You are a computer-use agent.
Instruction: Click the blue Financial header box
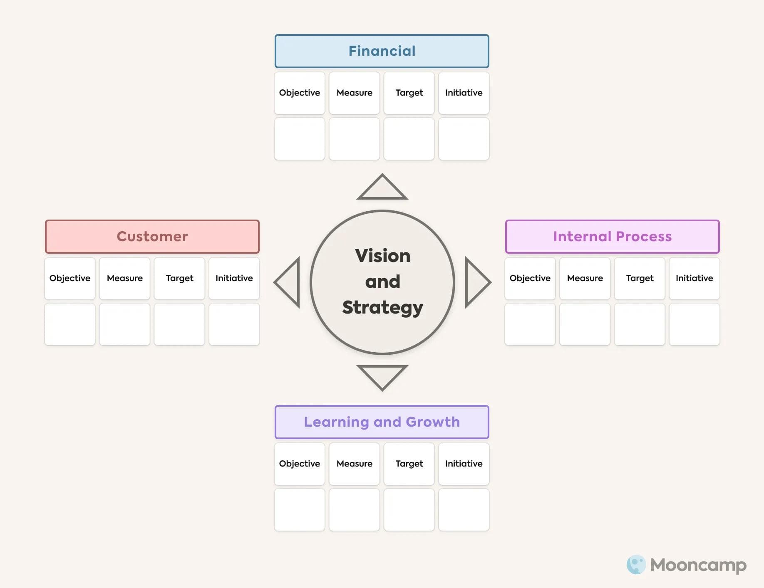click(x=382, y=51)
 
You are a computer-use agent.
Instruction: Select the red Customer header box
click(x=152, y=237)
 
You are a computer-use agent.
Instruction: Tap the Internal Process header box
click(x=612, y=237)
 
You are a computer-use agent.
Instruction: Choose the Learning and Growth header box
click(x=382, y=422)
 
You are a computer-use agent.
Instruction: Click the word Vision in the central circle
click(x=382, y=256)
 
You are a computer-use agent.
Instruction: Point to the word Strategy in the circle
click(x=382, y=308)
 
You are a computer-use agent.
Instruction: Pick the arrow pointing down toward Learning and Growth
click(x=382, y=375)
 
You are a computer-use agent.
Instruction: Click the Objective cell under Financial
click(x=300, y=93)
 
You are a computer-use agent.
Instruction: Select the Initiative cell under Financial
click(x=464, y=93)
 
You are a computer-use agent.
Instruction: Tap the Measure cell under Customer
click(x=124, y=279)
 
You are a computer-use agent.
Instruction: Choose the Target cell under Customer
click(x=179, y=279)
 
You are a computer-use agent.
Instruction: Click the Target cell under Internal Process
click(x=640, y=279)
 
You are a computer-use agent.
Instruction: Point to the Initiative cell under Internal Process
click(x=694, y=279)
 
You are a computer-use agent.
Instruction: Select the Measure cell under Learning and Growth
click(x=354, y=464)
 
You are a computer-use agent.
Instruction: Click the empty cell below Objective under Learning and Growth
click(x=300, y=510)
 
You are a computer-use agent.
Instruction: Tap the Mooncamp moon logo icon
click(x=636, y=565)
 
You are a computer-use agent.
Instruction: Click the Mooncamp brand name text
click(x=698, y=565)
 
